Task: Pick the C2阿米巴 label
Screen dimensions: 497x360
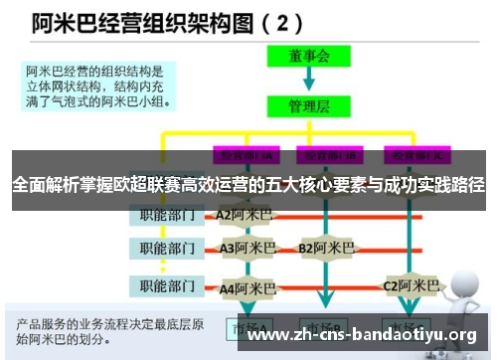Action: pyautogui.click(x=412, y=286)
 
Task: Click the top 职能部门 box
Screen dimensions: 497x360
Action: pyautogui.click(x=166, y=214)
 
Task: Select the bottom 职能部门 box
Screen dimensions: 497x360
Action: pyautogui.click(x=166, y=286)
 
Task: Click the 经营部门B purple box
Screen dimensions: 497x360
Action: pyautogui.click(x=330, y=156)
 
